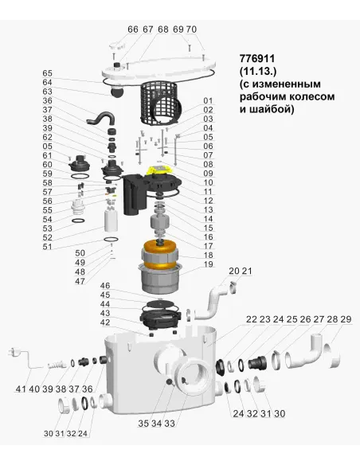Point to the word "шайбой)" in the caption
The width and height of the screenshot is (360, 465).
tap(275, 110)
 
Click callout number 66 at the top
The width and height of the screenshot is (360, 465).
tap(132, 29)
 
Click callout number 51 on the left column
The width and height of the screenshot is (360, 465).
tap(47, 247)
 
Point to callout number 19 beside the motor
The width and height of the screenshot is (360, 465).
tap(209, 264)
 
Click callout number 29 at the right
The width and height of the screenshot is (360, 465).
tap(345, 319)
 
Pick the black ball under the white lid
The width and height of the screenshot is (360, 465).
tap(118, 92)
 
